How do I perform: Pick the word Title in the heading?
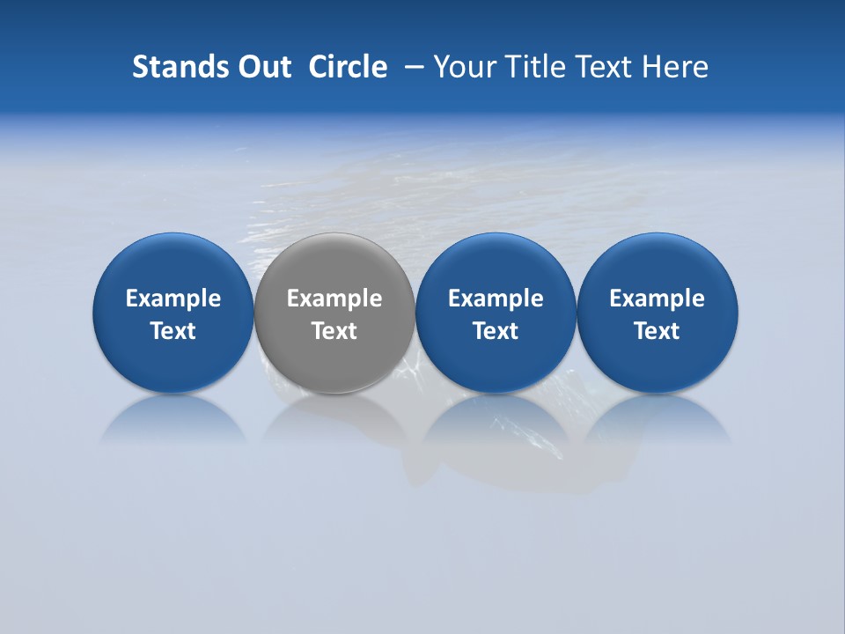(x=531, y=67)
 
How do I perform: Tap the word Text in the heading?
(x=599, y=67)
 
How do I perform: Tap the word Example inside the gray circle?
(x=334, y=299)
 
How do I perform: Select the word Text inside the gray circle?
(x=334, y=331)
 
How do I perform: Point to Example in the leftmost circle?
(x=173, y=299)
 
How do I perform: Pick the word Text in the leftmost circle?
(x=173, y=331)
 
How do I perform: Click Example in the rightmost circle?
(x=658, y=299)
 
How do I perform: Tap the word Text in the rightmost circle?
(x=658, y=331)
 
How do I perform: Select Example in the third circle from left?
(x=496, y=299)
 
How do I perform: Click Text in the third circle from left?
(x=496, y=331)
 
